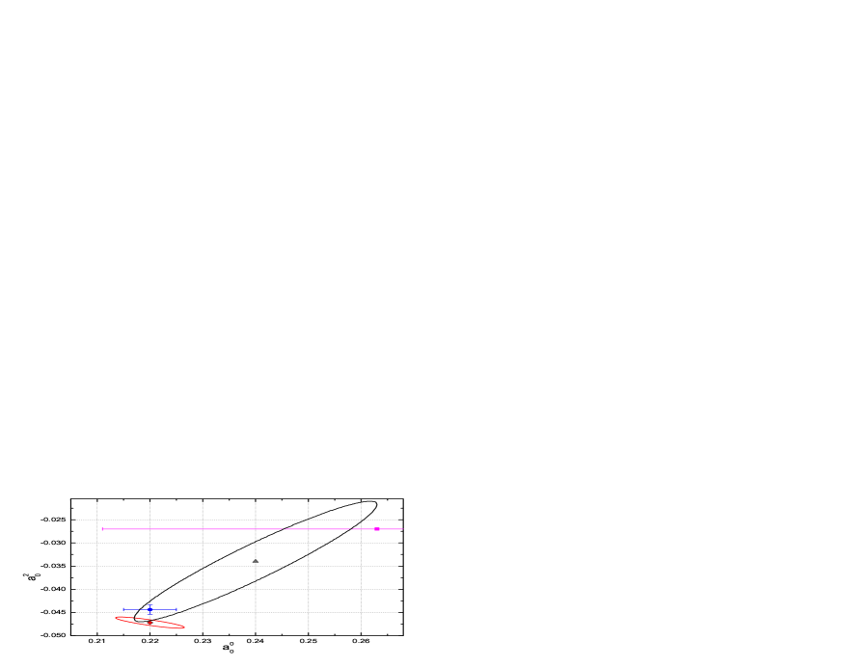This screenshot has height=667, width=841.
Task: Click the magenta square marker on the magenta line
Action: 377,529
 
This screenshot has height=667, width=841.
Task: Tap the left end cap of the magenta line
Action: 103,529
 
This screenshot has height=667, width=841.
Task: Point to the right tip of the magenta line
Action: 402,529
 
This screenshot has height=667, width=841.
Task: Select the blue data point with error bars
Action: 150,610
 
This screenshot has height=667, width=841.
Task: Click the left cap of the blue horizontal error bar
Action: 123,610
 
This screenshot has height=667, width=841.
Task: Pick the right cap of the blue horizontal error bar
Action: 176,610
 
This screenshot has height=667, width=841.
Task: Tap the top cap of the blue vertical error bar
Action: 150,604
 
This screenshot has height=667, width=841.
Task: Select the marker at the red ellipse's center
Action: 150,624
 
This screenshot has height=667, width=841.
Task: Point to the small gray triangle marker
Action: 256,561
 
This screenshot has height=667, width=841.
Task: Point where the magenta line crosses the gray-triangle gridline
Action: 256,529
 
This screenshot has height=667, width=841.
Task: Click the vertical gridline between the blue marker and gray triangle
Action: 203,578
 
